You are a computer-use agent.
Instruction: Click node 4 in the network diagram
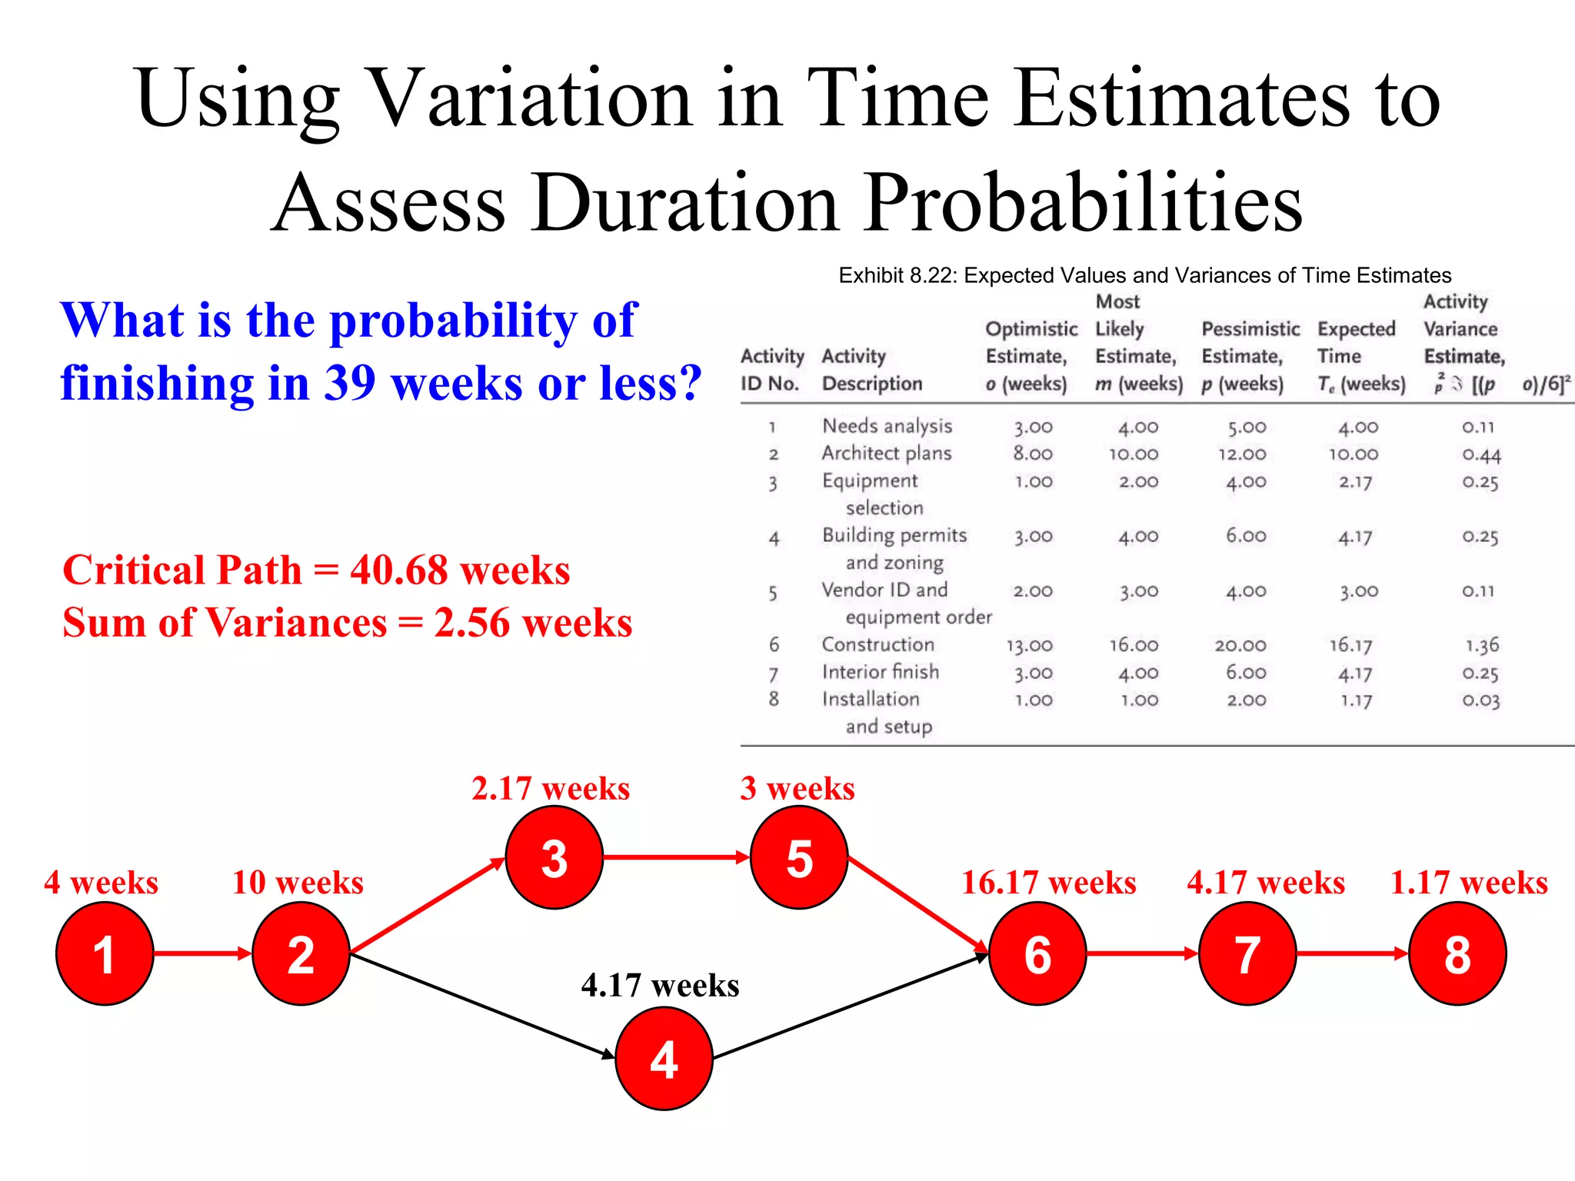pos(664,1058)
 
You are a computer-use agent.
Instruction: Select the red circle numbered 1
pos(105,953)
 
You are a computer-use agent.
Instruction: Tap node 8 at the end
pos(1457,953)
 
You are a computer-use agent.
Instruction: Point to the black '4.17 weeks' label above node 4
pos(660,985)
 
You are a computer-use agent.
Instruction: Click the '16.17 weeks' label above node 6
pos(1048,882)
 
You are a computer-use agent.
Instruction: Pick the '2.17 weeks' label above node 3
pos(551,788)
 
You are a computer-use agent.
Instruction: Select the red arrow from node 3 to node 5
pos(675,857)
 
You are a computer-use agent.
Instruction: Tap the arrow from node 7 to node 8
pos(1352,953)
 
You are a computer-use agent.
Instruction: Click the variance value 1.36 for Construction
pos(1481,645)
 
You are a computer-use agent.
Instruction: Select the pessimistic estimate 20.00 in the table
pos(1240,645)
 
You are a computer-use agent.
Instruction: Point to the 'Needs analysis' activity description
pos(887,426)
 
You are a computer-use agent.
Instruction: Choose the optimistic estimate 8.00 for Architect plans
pos(1032,454)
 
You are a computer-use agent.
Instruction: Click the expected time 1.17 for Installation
pos(1356,700)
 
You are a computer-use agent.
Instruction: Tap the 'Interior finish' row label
pos(881,672)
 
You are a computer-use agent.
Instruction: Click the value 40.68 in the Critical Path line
pos(398,571)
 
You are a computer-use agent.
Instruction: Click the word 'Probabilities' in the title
pos(1084,202)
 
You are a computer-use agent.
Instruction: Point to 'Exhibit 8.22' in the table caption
pos(895,275)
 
